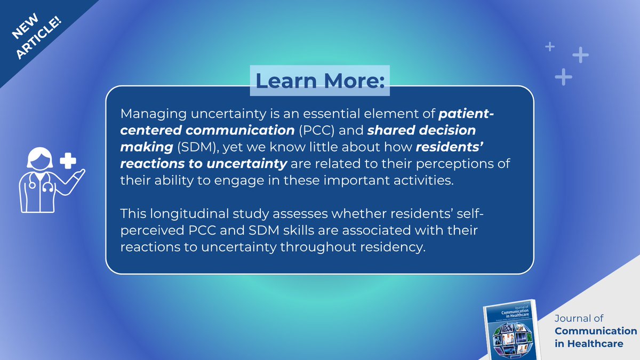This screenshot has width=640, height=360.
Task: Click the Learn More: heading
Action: coord(319,81)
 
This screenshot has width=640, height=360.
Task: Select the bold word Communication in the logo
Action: coord(596,331)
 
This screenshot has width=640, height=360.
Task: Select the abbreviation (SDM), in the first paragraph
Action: coord(183,147)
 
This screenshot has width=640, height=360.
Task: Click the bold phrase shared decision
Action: coord(421,131)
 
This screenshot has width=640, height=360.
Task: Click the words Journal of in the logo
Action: coord(579,318)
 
